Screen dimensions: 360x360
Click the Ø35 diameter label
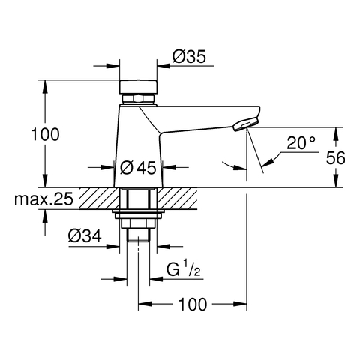(189, 56)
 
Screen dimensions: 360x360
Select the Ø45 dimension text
(138, 167)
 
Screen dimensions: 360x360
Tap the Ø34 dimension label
(85, 235)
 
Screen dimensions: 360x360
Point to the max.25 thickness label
(44, 199)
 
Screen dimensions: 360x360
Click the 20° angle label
(301, 143)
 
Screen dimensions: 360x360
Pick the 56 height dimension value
(336, 157)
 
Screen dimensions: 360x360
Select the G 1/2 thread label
(184, 268)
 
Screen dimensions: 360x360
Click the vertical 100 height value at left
(45, 134)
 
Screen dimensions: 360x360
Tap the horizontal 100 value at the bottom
(193, 304)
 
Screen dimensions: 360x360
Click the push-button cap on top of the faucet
(138, 87)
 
